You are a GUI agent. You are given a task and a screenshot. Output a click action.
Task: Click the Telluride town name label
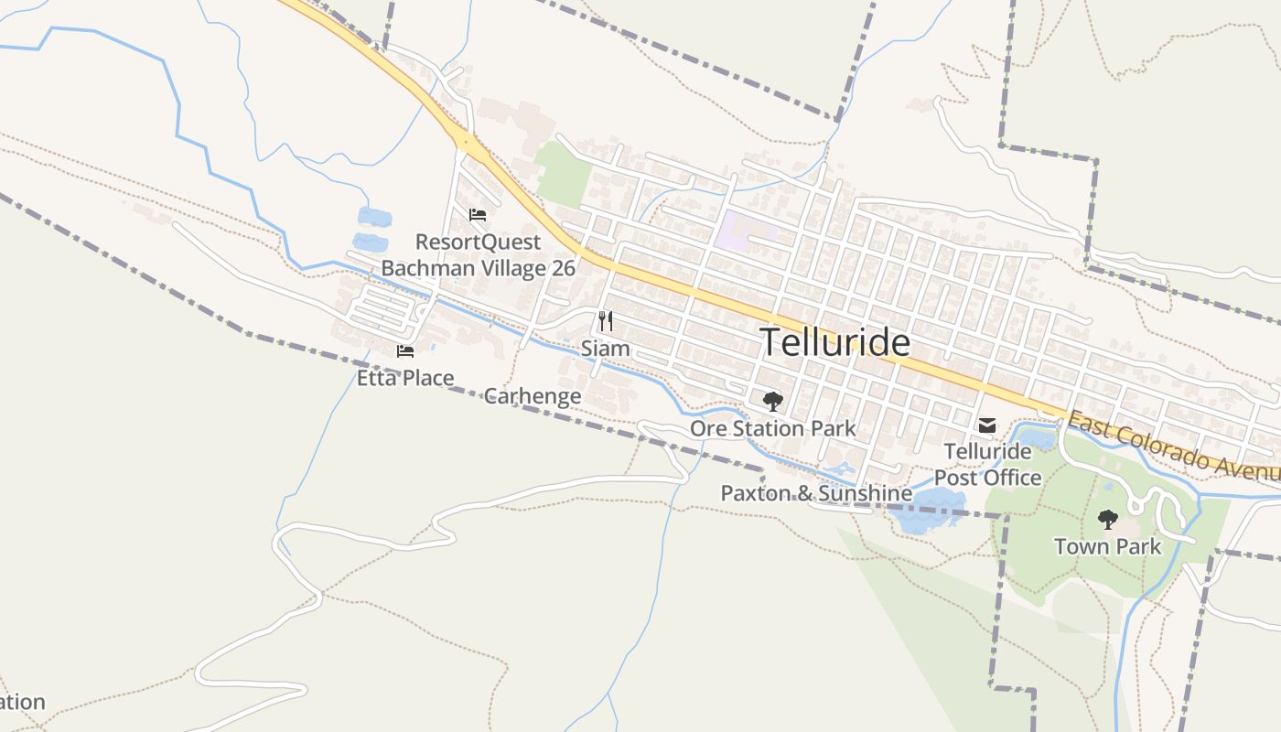835,343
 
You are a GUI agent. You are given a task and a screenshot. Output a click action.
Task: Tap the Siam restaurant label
605,349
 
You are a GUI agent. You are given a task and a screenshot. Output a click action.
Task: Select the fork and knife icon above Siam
605,320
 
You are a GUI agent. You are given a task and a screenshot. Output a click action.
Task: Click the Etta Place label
404,377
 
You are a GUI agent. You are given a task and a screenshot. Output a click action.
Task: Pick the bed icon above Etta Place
404,350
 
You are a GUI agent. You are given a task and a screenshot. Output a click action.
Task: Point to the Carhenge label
532,396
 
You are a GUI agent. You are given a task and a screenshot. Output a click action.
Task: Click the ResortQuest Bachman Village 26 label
478,255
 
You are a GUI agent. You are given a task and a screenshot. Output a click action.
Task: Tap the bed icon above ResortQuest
477,215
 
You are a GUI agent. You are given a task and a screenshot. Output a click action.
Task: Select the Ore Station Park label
772,428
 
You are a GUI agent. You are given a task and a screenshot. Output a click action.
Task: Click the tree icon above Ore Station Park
772,401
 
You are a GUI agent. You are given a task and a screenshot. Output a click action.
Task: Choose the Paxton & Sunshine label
816,493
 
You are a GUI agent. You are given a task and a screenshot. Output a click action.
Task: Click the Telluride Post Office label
987,464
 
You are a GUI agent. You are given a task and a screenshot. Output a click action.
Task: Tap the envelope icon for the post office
987,425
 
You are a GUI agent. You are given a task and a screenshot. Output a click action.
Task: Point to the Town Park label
1107,547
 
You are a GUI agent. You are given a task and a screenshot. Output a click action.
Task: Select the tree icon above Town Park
1107,520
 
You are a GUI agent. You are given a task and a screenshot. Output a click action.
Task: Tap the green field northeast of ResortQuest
563,173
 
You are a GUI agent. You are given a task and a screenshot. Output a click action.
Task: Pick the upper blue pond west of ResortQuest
374,217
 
